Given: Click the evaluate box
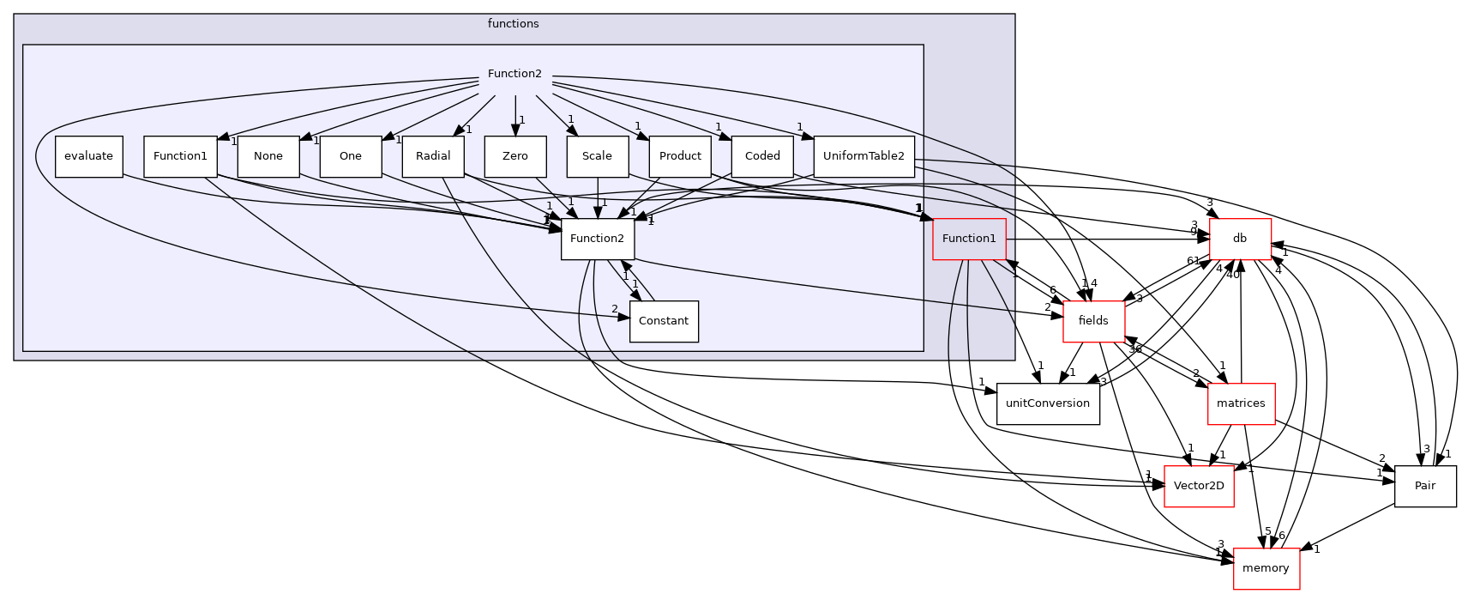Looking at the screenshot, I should pos(88,156).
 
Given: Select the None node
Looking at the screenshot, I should pos(268,156).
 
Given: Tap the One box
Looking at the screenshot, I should pos(350,156).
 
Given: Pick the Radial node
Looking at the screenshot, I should pos(433,156).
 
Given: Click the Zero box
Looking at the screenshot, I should pos(514,156).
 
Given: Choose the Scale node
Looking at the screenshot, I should pos(597,156).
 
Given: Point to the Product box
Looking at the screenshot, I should pos(680,156).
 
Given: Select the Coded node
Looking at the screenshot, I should pos(762,156).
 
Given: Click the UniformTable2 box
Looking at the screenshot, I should pos(863,156).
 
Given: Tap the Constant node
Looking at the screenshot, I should pos(664,321).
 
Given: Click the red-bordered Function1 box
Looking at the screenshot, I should pos(969,239).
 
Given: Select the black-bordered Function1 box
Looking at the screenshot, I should pos(180,156).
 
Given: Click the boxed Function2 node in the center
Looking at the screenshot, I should pos(597,239).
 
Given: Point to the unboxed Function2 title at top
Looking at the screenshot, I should pos(514,74).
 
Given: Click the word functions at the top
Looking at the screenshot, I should pos(513,24).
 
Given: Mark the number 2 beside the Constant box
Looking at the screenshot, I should pos(614,309).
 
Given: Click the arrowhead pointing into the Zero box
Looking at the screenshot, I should pos(515,130).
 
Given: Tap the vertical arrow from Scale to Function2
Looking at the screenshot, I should pos(598,197).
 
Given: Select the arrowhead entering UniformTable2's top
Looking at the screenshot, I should pos(808,134).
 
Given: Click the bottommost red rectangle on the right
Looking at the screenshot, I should pos(1266,568).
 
